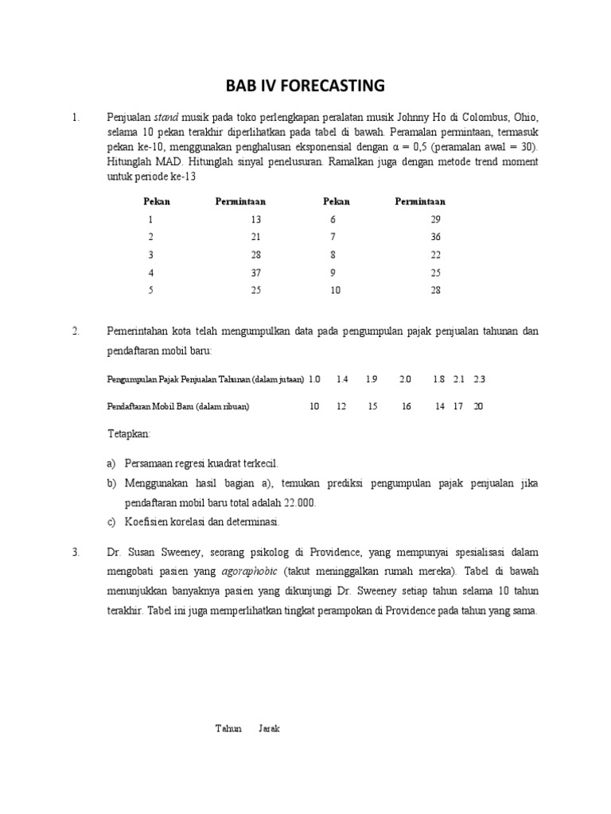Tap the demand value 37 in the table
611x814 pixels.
click(255, 273)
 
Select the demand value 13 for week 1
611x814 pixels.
click(255, 219)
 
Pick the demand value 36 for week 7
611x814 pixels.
click(434, 237)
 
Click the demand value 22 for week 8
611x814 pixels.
click(434, 255)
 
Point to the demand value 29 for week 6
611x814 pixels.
click(434, 219)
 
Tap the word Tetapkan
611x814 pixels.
click(128, 435)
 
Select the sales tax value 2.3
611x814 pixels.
click(479, 379)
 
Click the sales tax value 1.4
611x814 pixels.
click(342, 379)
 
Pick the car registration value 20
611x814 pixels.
click(478, 406)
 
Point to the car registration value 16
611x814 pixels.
click(407, 406)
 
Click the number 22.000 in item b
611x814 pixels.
click(298, 503)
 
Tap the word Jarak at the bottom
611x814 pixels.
click(269, 729)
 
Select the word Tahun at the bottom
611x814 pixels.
click(228, 729)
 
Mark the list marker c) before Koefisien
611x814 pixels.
click(111, 522)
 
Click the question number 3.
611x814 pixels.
click(76, 552)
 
